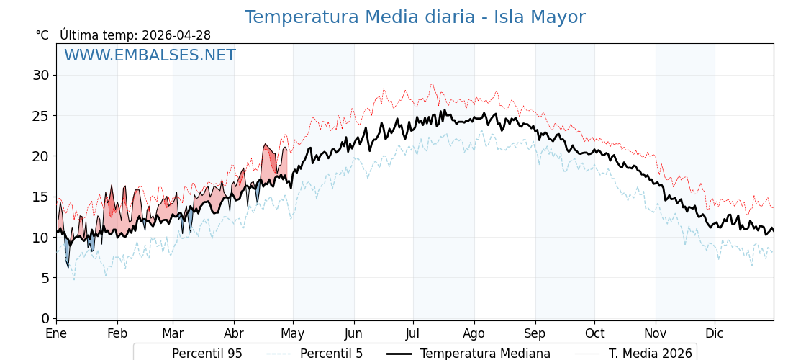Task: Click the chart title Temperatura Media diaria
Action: [x=415, y=17]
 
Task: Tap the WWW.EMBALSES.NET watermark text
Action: [x=150, y=55]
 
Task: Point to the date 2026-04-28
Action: [x=176, y=35]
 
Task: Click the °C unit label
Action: [x=42, y=35]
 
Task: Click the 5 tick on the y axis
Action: [x=45, y=278]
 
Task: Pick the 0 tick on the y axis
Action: [x=45, y=318]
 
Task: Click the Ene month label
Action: [x=56, y=333]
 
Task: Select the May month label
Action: [x=292, y=333]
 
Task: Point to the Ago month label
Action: [x=474, y=333]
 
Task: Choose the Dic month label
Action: [x=714, y=333]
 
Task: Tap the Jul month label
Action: [x=413, y=333]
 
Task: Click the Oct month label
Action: [x=594, y=333]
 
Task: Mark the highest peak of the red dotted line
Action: [x=432, y=84]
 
